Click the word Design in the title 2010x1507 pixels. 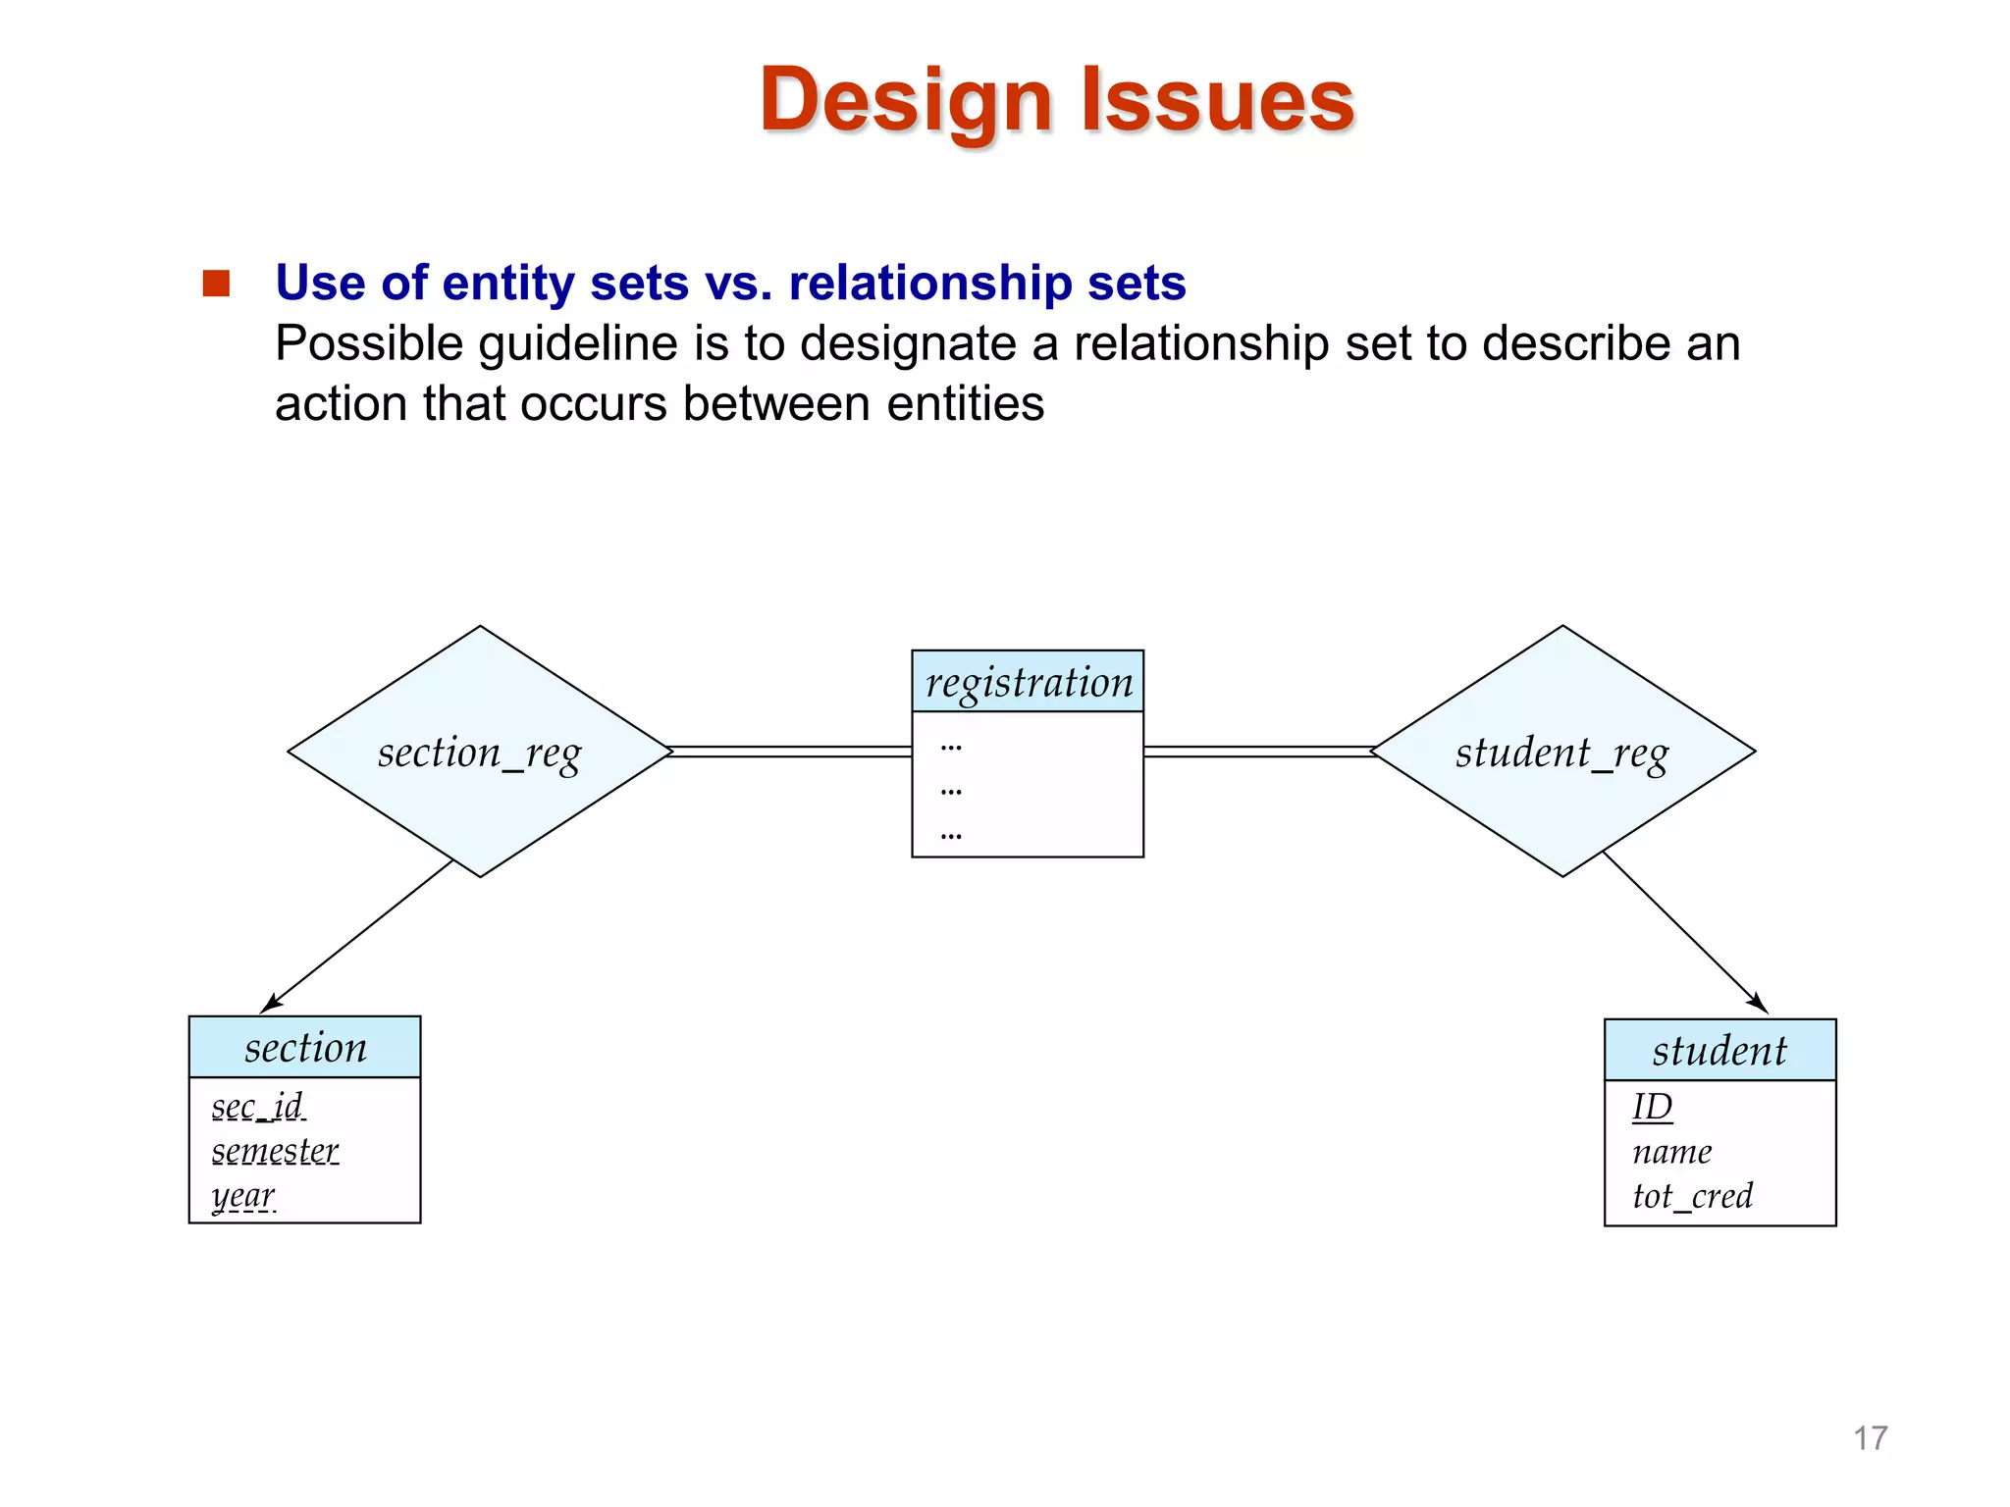click(906, 100)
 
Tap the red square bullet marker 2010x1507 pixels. click(216, 284)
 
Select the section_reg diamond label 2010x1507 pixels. click(479, 753)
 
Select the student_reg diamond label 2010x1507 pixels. click(1561, 753)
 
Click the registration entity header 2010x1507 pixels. click(1028, 682)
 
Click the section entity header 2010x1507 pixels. click(305, 1048)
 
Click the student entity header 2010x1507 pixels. click(1719, 1051)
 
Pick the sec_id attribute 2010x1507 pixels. click(257, 1107)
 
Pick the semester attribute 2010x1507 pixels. click(275, 1151)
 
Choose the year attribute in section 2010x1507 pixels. click(243, 1196)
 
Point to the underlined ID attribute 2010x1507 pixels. click(1652, 1107)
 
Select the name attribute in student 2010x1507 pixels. click(1671, 1152)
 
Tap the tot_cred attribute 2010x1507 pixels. click(1692, 1196)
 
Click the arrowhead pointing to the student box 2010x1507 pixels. click(1759, 1004)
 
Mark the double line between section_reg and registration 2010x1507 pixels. click(791, 753)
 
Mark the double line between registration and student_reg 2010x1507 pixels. click(1258, 753)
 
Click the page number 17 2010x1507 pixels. click(1870, 1438)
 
